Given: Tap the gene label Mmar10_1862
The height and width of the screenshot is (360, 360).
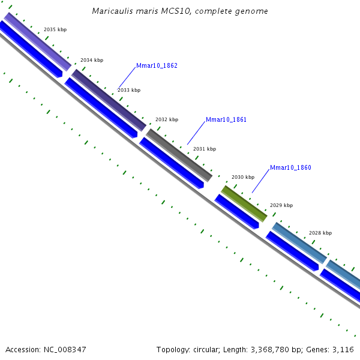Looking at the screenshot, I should coord(157,66).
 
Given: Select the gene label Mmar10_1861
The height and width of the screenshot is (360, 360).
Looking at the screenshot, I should coord(226,120).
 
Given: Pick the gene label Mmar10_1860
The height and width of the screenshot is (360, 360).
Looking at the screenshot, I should coord(290,168).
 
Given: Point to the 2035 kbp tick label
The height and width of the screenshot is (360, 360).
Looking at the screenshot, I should coord(55,29).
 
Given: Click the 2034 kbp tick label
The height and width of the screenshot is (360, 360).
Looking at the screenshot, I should coord(92,60).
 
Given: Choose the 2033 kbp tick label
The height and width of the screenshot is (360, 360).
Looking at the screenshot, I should coord(129,90).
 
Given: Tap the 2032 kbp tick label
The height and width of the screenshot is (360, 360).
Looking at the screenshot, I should coord(167,119).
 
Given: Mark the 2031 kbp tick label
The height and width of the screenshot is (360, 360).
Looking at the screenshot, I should coord(205,149).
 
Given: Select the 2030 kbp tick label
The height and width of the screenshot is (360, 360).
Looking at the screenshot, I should coord(243,177).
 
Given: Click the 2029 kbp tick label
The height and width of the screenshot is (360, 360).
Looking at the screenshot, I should coord(281,205).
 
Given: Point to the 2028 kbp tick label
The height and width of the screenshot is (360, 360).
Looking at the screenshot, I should coord(320,233).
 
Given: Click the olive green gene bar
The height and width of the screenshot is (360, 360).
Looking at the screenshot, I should coord(244,203).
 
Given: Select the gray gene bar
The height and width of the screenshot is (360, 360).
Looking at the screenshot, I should coord(179,155).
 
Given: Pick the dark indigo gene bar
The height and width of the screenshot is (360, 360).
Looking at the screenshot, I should coord(109,100).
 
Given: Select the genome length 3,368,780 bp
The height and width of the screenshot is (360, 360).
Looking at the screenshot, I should coord(278,349).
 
